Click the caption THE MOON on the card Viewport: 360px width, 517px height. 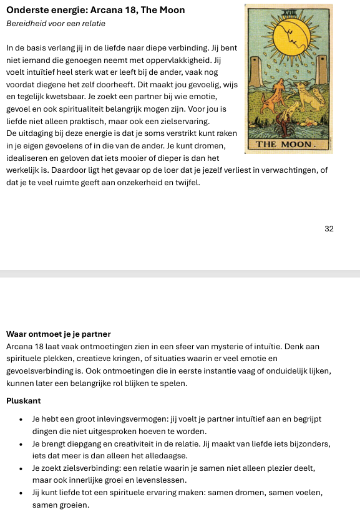point(288,145)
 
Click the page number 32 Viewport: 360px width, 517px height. point(329,229)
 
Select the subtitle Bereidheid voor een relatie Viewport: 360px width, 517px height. point(56,24)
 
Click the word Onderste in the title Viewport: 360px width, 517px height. point(27,11)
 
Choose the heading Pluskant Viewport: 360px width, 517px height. point(23,402)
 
